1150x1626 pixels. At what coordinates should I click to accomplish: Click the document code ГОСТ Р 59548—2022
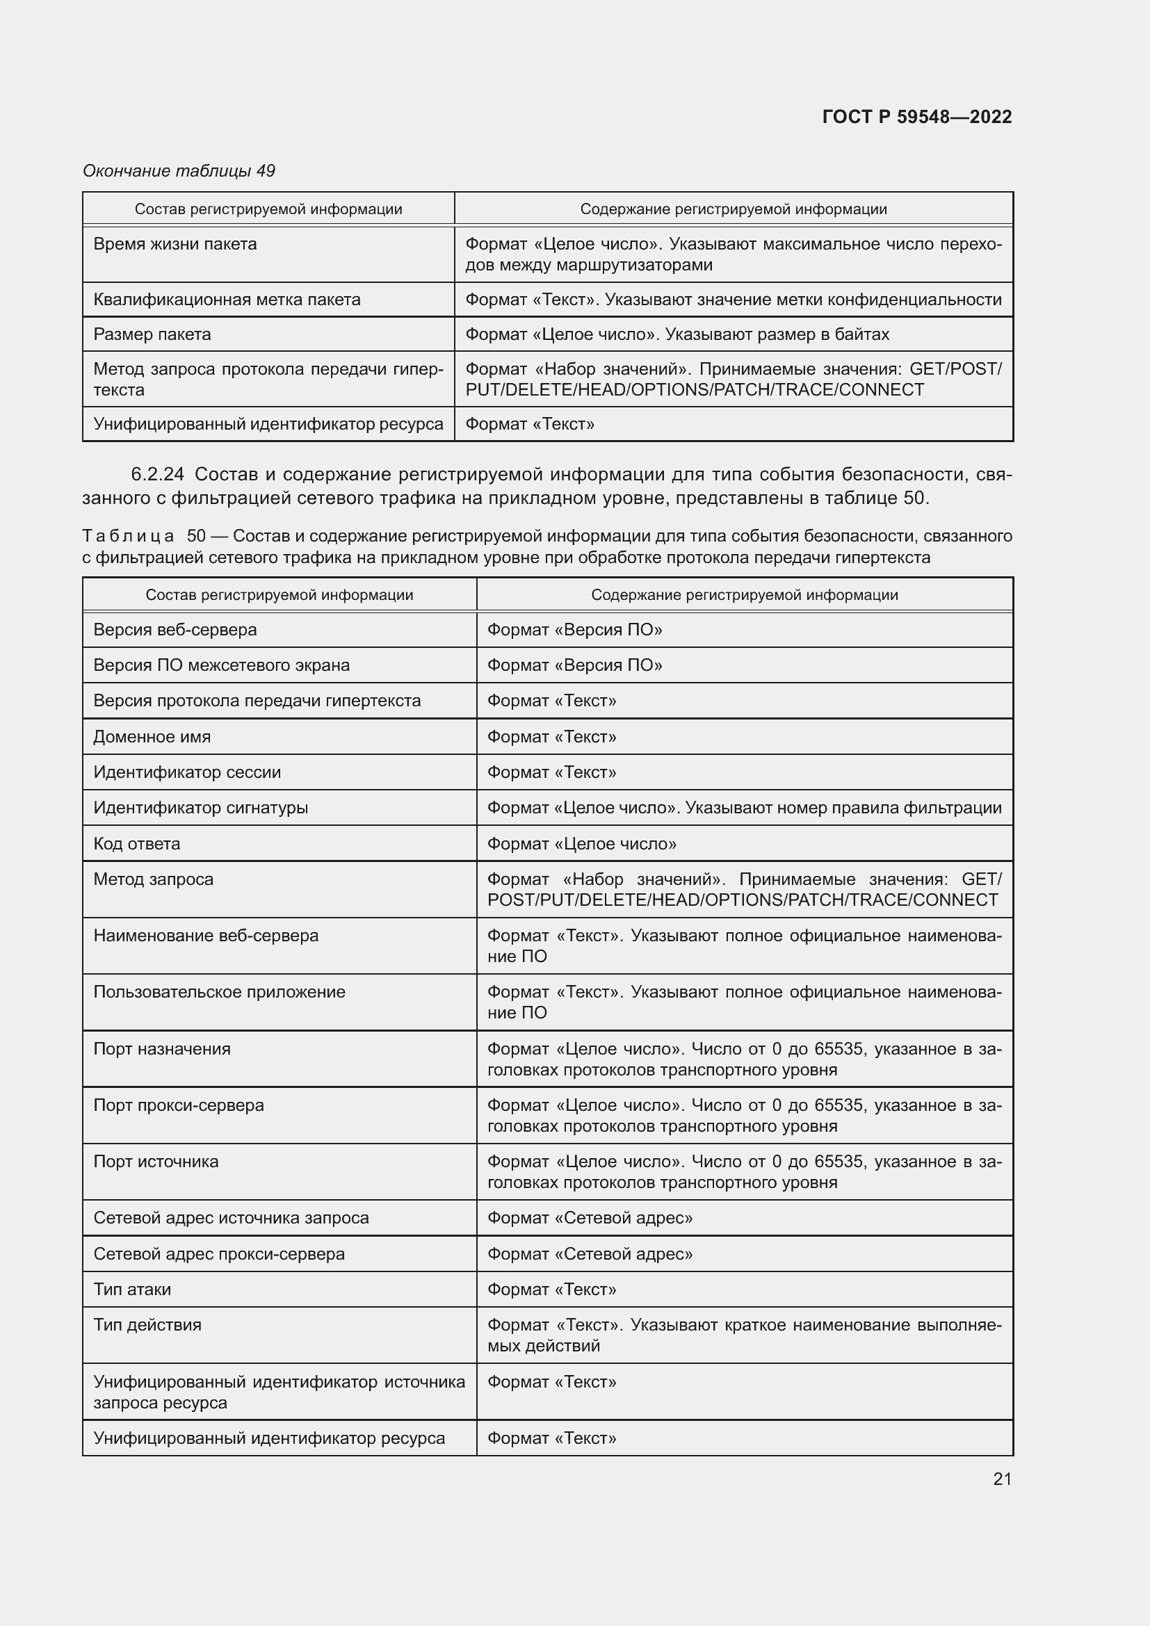tap(916, 117)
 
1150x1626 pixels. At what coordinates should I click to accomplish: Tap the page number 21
tap(1002, 1479)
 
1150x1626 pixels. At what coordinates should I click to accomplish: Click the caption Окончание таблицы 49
tap(179, 171)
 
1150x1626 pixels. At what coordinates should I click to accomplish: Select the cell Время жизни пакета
tap(175, 244)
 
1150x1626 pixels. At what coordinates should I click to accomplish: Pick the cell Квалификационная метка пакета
tap(227, 300)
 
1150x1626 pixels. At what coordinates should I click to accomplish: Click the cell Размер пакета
tap(152, 334)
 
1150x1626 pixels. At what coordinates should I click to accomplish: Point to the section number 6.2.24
tap(157, 474)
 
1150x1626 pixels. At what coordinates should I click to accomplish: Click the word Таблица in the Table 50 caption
tap(128, 535)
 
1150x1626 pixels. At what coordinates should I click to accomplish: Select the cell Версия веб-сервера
tap(175, 630)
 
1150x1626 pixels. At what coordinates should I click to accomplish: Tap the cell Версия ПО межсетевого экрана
tap(221, 665)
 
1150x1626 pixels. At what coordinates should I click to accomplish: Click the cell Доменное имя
tap(152, 736)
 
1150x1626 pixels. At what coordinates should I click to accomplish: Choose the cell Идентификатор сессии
tap(187, 772)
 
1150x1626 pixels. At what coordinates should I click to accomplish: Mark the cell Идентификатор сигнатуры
tap(200, 807)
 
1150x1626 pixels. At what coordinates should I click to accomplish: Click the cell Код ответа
tap(137, 843)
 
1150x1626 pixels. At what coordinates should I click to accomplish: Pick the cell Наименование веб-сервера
tap(206, 936)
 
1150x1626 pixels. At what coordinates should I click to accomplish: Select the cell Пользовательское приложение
tap(220, 991)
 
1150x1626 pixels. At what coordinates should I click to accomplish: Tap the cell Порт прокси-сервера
tap(179, 1105)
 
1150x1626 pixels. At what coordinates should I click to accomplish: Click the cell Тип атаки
tap(132, 1289)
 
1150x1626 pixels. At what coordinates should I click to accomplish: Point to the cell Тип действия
tap(147, 1324)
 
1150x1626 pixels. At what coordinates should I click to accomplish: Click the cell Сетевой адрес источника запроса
tap(231, 1217)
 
